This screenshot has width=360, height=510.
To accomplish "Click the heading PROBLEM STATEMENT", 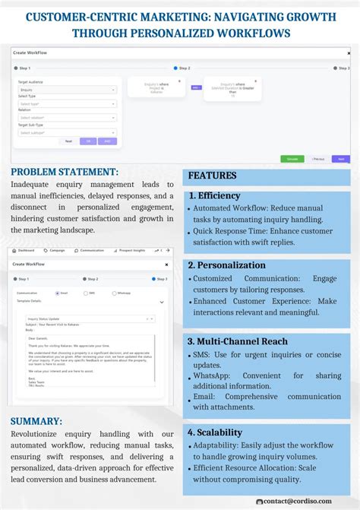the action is click(65, 173).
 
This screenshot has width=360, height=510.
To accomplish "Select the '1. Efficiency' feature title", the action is click(214, 195).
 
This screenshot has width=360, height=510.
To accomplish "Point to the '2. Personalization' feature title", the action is click(227, 265).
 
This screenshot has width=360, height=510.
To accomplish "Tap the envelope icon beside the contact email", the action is click(260, 501).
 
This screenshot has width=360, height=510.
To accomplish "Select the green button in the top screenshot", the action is click(290, 159).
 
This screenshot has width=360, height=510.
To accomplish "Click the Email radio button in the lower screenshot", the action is click(57, 293).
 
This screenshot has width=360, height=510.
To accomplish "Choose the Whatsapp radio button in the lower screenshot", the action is click(114, 293).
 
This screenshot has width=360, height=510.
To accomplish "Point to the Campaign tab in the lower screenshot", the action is click(56, 250).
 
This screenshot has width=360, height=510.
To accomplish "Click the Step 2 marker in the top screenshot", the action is click(175, 68).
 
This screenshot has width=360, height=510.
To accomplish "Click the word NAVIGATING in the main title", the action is click(249, 16).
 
